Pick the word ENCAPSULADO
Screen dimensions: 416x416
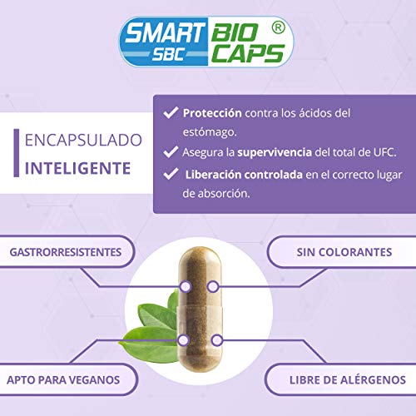pyautogui.click(x=78, y=141)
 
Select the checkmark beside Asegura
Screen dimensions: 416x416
pyautogui.click(x=170, y=152)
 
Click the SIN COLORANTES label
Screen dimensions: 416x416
pyautogui.click(x=342, y=251)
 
